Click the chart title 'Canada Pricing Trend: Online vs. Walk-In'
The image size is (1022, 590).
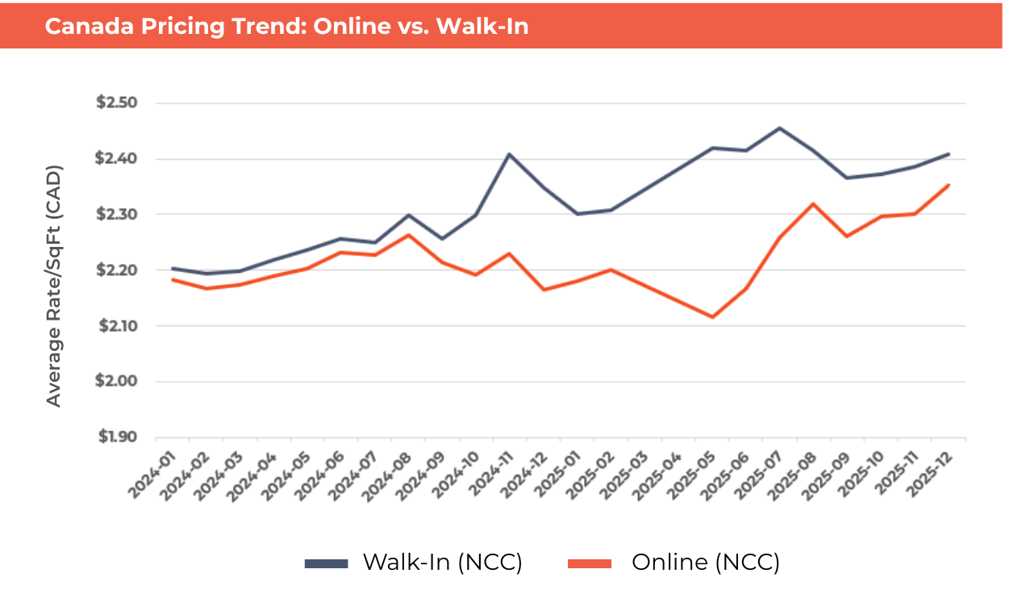(x=286, y=27)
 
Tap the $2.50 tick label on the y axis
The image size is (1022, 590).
(x=118, y=103)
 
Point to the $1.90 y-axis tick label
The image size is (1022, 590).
(x=118, y=437)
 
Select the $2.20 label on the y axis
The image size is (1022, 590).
(x=118, y=270)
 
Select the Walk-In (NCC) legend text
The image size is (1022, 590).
(x=442, y=563)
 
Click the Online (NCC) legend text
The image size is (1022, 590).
(x=705, y=563)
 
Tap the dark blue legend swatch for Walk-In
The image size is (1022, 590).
(x=326, y=563)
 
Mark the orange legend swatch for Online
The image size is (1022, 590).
(x=590, y=563)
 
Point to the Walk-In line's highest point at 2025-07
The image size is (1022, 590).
(x=780, y=128)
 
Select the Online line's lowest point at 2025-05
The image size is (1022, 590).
(x=712, y=317)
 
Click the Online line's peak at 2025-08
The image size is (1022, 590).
(x=814, y=203)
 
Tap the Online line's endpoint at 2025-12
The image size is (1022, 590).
(x=949, y=185)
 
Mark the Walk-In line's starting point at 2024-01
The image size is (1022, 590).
(x=173, y=269)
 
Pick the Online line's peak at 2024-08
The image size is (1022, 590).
(x=409, y=235)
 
